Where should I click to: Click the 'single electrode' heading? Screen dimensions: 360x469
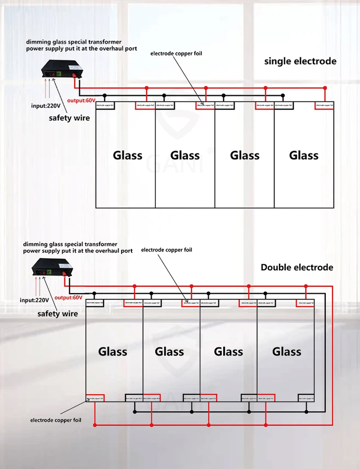pyautogui.click(x=300, y=61)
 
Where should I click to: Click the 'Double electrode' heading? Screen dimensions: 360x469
pyautogui.click(x=296, y=267)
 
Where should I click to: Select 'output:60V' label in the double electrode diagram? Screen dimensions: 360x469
pyautogui.click(x=69, y=298)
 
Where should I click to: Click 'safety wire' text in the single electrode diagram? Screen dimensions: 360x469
pyautogui.click(x=69, y=118)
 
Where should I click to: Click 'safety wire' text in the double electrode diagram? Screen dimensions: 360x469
pyautogui.click(x=58, y=314)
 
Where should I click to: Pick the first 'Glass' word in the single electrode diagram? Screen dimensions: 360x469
pyautogui.click(x=127, y=155)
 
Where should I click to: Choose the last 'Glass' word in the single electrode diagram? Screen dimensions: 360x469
pyautogui.click(x=304, y=155)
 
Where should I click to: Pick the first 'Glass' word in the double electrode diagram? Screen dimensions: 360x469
pyautogui.click(x=113, y=351)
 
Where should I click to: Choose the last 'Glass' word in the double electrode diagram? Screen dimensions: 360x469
pyautogui.click(x=287, y=351)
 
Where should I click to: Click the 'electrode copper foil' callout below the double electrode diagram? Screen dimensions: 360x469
pyautogui.click(x=56, y=420)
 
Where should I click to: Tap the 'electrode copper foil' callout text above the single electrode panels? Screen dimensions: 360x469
pyautogui.click(x=176, y=53)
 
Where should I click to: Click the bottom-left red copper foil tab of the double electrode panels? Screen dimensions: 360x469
pyautogui.click(x=95, y=398)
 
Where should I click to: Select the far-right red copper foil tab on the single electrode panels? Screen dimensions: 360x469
pyautogui.click(x=324, y=105)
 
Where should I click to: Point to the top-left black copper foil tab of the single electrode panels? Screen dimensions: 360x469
pyautogui.click(x=105, y=105)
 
